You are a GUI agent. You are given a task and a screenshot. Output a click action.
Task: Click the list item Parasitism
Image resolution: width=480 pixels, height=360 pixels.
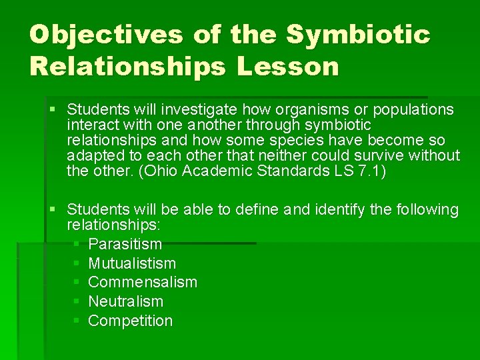(x=125, y=245)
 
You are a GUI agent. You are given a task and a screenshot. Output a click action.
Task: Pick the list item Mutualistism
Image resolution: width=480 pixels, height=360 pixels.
(x=132, y=263)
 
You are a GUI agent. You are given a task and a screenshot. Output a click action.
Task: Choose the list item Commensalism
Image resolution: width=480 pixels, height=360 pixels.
(x=143, y=282)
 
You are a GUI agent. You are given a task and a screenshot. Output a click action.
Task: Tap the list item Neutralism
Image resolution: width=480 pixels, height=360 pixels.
(x=125, y=301)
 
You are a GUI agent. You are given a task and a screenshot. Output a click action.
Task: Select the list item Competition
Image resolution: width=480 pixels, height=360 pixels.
(x=130, y=321)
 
